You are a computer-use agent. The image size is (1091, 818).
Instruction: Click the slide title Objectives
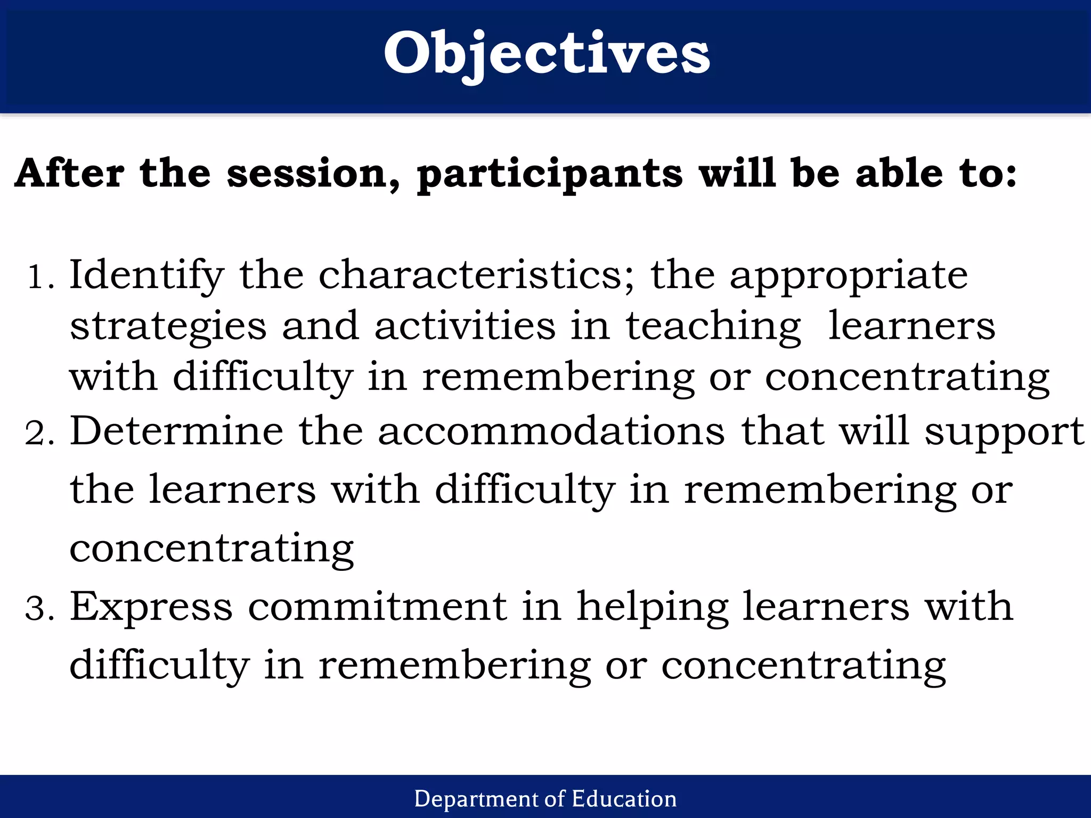pos(546,53)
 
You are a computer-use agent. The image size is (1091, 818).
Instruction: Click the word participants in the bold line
pos(549,175)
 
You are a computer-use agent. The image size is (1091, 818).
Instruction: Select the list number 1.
pos(40,277)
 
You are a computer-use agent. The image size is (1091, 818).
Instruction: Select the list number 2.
pos(39,433)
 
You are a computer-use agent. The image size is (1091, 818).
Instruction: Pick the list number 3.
pos(39,608)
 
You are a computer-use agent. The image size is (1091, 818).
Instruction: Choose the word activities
pos(465,326)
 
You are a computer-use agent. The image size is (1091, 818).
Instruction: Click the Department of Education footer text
pos(545,799)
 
